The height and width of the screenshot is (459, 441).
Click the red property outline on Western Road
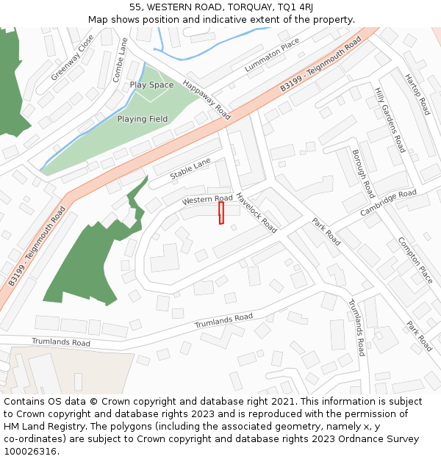click(221, 213)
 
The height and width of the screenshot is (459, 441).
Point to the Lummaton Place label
click(272, 55)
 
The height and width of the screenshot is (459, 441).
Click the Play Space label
click(151, 85)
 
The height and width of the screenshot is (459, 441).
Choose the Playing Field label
click(142, 119)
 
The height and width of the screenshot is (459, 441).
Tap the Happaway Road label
click(207, 100)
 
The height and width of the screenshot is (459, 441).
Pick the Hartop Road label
click(417, 95)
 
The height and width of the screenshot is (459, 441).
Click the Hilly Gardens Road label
click(390, 119)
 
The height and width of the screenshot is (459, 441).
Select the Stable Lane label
click(190, 170)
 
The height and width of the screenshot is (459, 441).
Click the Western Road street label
click(207, 200)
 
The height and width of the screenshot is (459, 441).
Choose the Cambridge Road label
click(388, 203)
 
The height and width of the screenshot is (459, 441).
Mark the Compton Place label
click(415, 261)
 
